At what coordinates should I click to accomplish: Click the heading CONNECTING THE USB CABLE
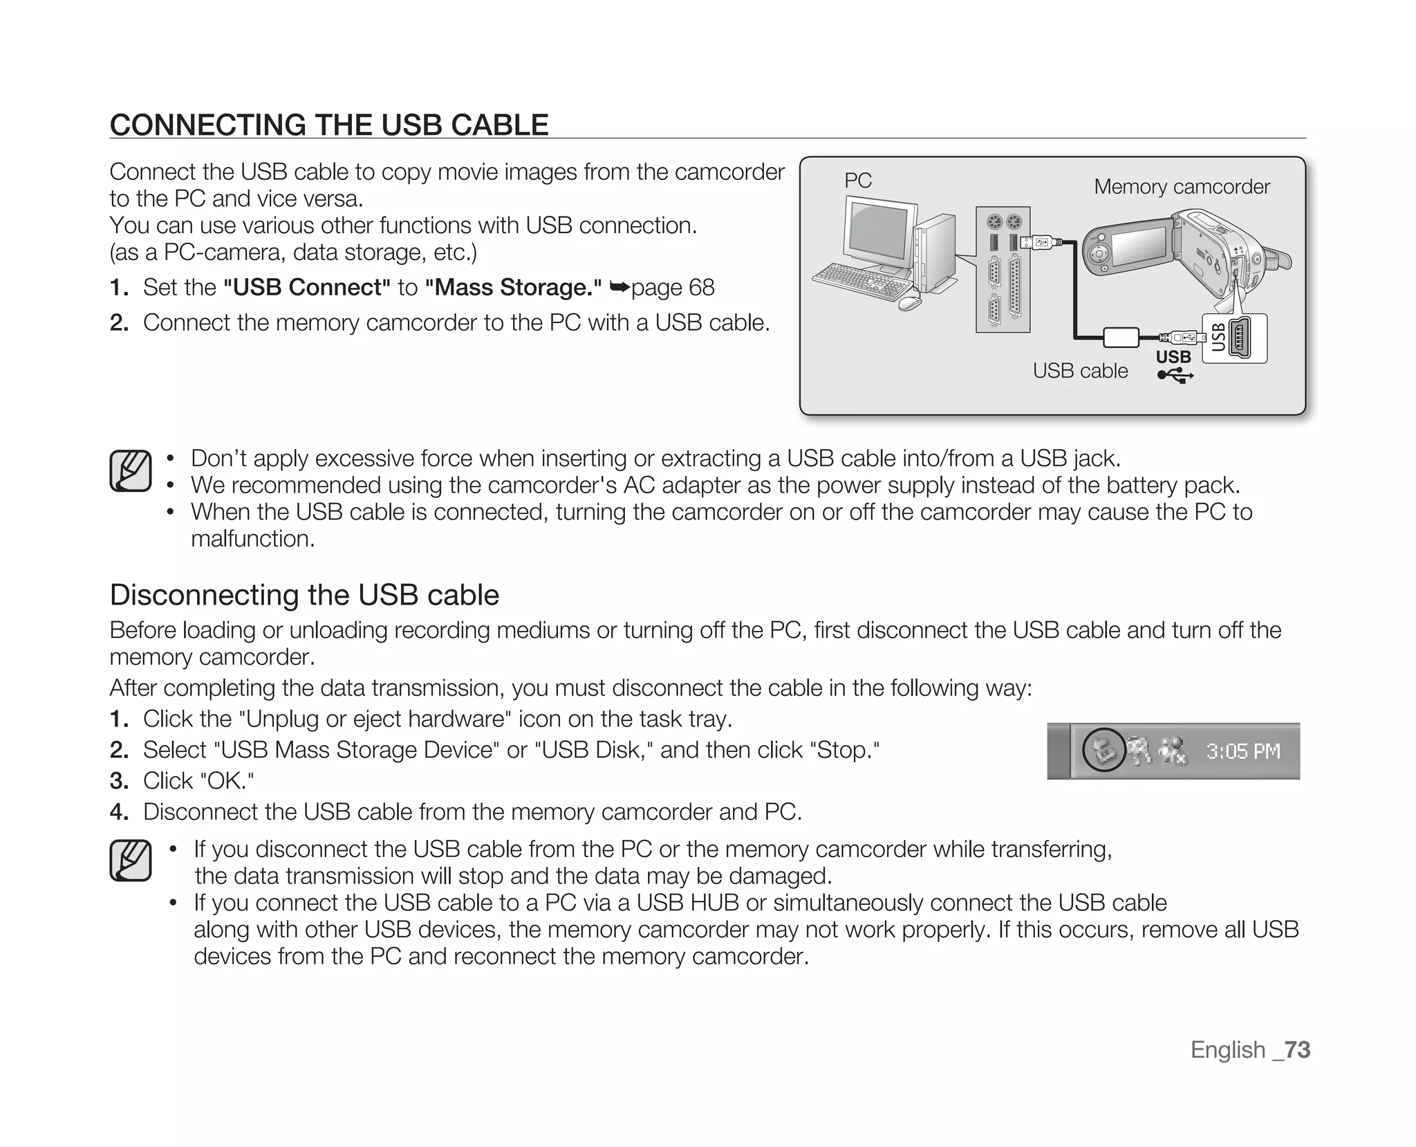(x=329, y=125)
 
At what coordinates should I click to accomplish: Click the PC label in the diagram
(x=857, y=181)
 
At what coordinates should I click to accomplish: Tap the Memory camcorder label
(x=1182, y=187)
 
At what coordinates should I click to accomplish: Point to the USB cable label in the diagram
(x=1080, y=371)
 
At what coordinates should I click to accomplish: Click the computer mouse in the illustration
(x=910, y=302)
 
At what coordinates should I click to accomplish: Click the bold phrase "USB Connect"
(x=307, y=287)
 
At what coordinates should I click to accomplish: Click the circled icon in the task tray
(x=1103, y=750)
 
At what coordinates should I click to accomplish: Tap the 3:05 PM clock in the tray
(x=1243, y=751)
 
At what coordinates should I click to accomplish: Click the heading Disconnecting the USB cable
(x=304, y=595)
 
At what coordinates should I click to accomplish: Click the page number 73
(x=1298, y=1049)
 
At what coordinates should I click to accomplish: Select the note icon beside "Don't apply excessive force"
(x=131, y=471)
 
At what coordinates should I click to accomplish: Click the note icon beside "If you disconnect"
(x=131, y=861)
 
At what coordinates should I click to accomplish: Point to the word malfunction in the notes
(x=252, y=538)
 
